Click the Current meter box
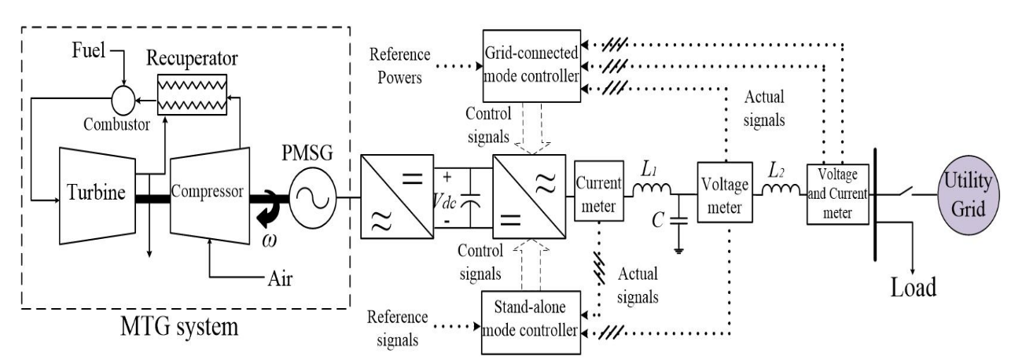(x=599, y=193)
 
